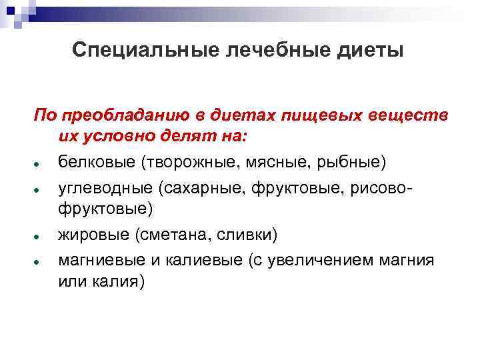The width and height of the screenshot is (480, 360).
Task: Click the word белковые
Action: coord(94,161)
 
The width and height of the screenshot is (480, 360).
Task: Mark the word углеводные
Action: coord(103,189)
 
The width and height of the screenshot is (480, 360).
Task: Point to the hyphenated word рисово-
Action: coord(381,189)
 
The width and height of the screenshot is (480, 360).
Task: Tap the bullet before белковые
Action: coord(41,163)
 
